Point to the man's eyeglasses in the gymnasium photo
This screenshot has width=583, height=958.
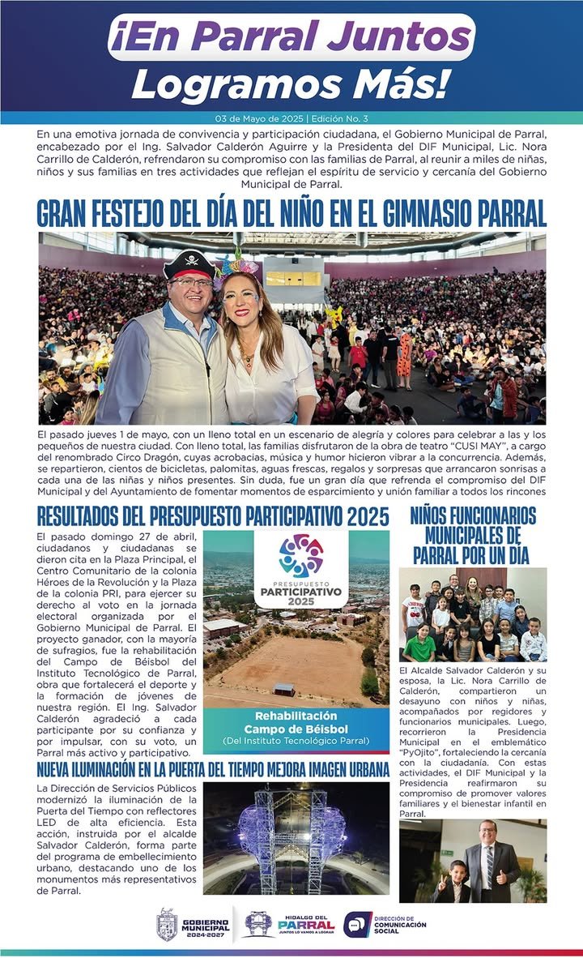(192, 283)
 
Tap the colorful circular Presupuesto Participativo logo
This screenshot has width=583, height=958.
(301, 555)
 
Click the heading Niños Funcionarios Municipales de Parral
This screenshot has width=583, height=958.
(473, 536)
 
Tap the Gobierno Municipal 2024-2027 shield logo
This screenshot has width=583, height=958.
(168, 925)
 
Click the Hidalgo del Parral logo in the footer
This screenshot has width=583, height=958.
(289, 925)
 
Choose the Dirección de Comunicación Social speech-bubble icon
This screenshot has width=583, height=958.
(358, 925)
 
